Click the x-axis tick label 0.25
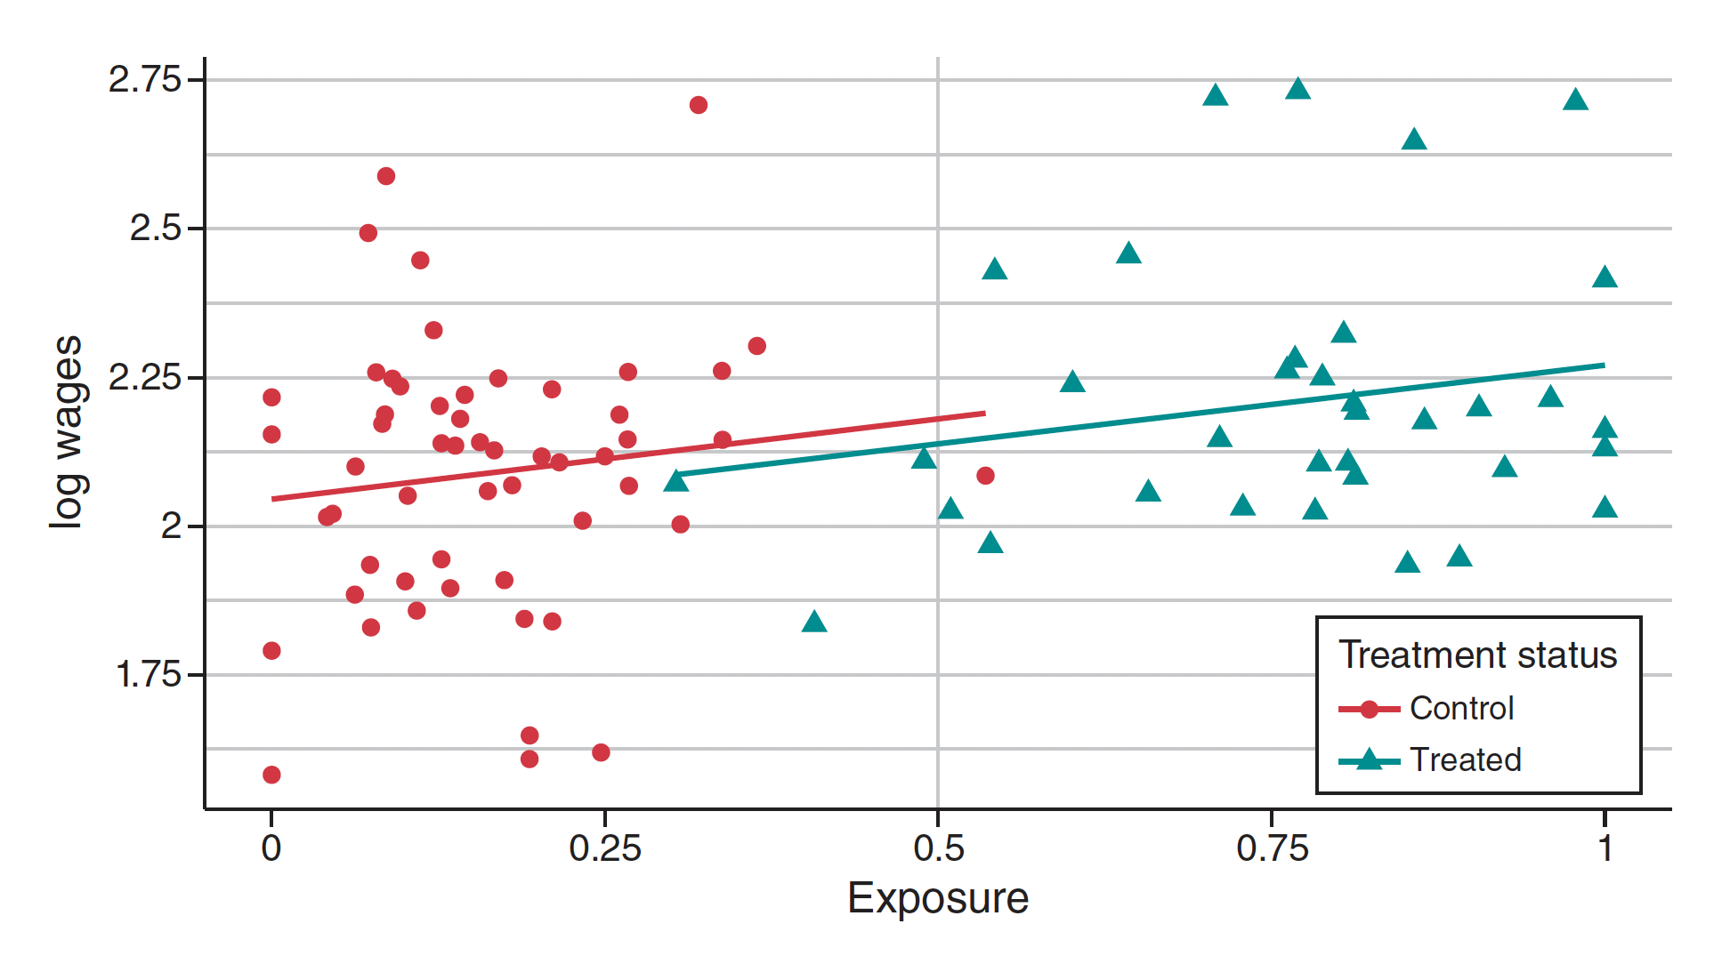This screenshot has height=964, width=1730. [604, 848]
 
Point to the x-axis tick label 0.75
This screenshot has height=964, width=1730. [1272, 848]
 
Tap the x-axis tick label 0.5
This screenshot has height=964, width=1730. [938, 848]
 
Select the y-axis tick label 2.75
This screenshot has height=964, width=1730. [144, 80]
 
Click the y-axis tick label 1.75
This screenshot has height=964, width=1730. [148, 675]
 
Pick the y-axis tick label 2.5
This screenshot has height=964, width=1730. [155, 229]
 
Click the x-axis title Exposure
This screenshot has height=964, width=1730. [938, 898]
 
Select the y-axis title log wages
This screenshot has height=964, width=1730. [68, 432]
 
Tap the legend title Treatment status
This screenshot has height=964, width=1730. [1477, 655]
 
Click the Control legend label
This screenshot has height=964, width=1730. [1461, 709]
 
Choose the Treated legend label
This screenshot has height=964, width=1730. [1465, 760]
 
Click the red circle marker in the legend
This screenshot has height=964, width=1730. [1370, 710]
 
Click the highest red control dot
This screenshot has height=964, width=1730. [699, 105]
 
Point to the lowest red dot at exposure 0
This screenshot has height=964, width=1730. [271, 775]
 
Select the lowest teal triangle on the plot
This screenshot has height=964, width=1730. [814, 623]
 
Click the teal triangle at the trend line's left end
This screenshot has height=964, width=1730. [676, 481]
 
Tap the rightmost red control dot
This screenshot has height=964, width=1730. [985, 476]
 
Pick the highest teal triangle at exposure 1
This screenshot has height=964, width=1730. [1605, 277]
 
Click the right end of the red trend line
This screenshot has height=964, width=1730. [985, 413]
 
